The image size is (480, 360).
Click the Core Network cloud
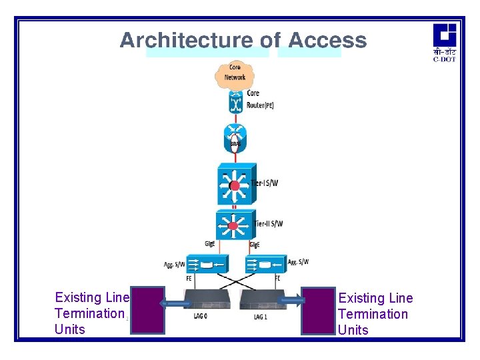click(x=235, y=73)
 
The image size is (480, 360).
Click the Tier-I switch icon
click(x=233, y=185)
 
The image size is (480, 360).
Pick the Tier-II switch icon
click(x=233, y=227)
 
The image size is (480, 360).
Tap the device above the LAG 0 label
click(x=207, y=300)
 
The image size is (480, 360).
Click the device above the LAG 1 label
click(x=263, y=300)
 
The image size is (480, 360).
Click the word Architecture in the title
click(x=186, y=41)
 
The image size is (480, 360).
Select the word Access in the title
click(x=327, y=41)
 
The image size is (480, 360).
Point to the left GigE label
click(x=209, y=245)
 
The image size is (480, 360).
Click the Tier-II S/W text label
click(x=268, y=224)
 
